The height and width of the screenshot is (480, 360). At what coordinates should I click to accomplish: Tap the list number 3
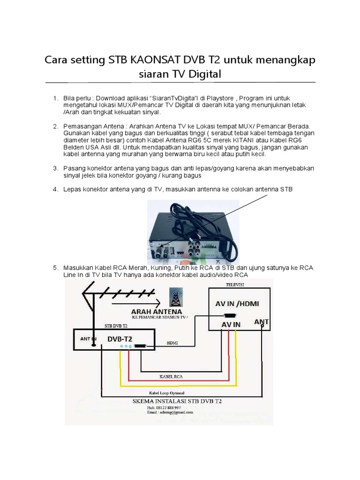55,168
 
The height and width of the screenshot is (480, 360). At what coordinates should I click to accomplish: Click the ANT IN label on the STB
89,337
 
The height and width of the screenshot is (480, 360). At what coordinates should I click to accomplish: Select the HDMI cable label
172,343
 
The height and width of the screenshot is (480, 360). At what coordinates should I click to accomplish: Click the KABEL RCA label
171,376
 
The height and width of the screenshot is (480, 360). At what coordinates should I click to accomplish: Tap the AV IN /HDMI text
237,303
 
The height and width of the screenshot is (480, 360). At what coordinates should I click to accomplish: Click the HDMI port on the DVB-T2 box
140,346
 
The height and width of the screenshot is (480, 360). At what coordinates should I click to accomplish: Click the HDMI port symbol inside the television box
230,315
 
